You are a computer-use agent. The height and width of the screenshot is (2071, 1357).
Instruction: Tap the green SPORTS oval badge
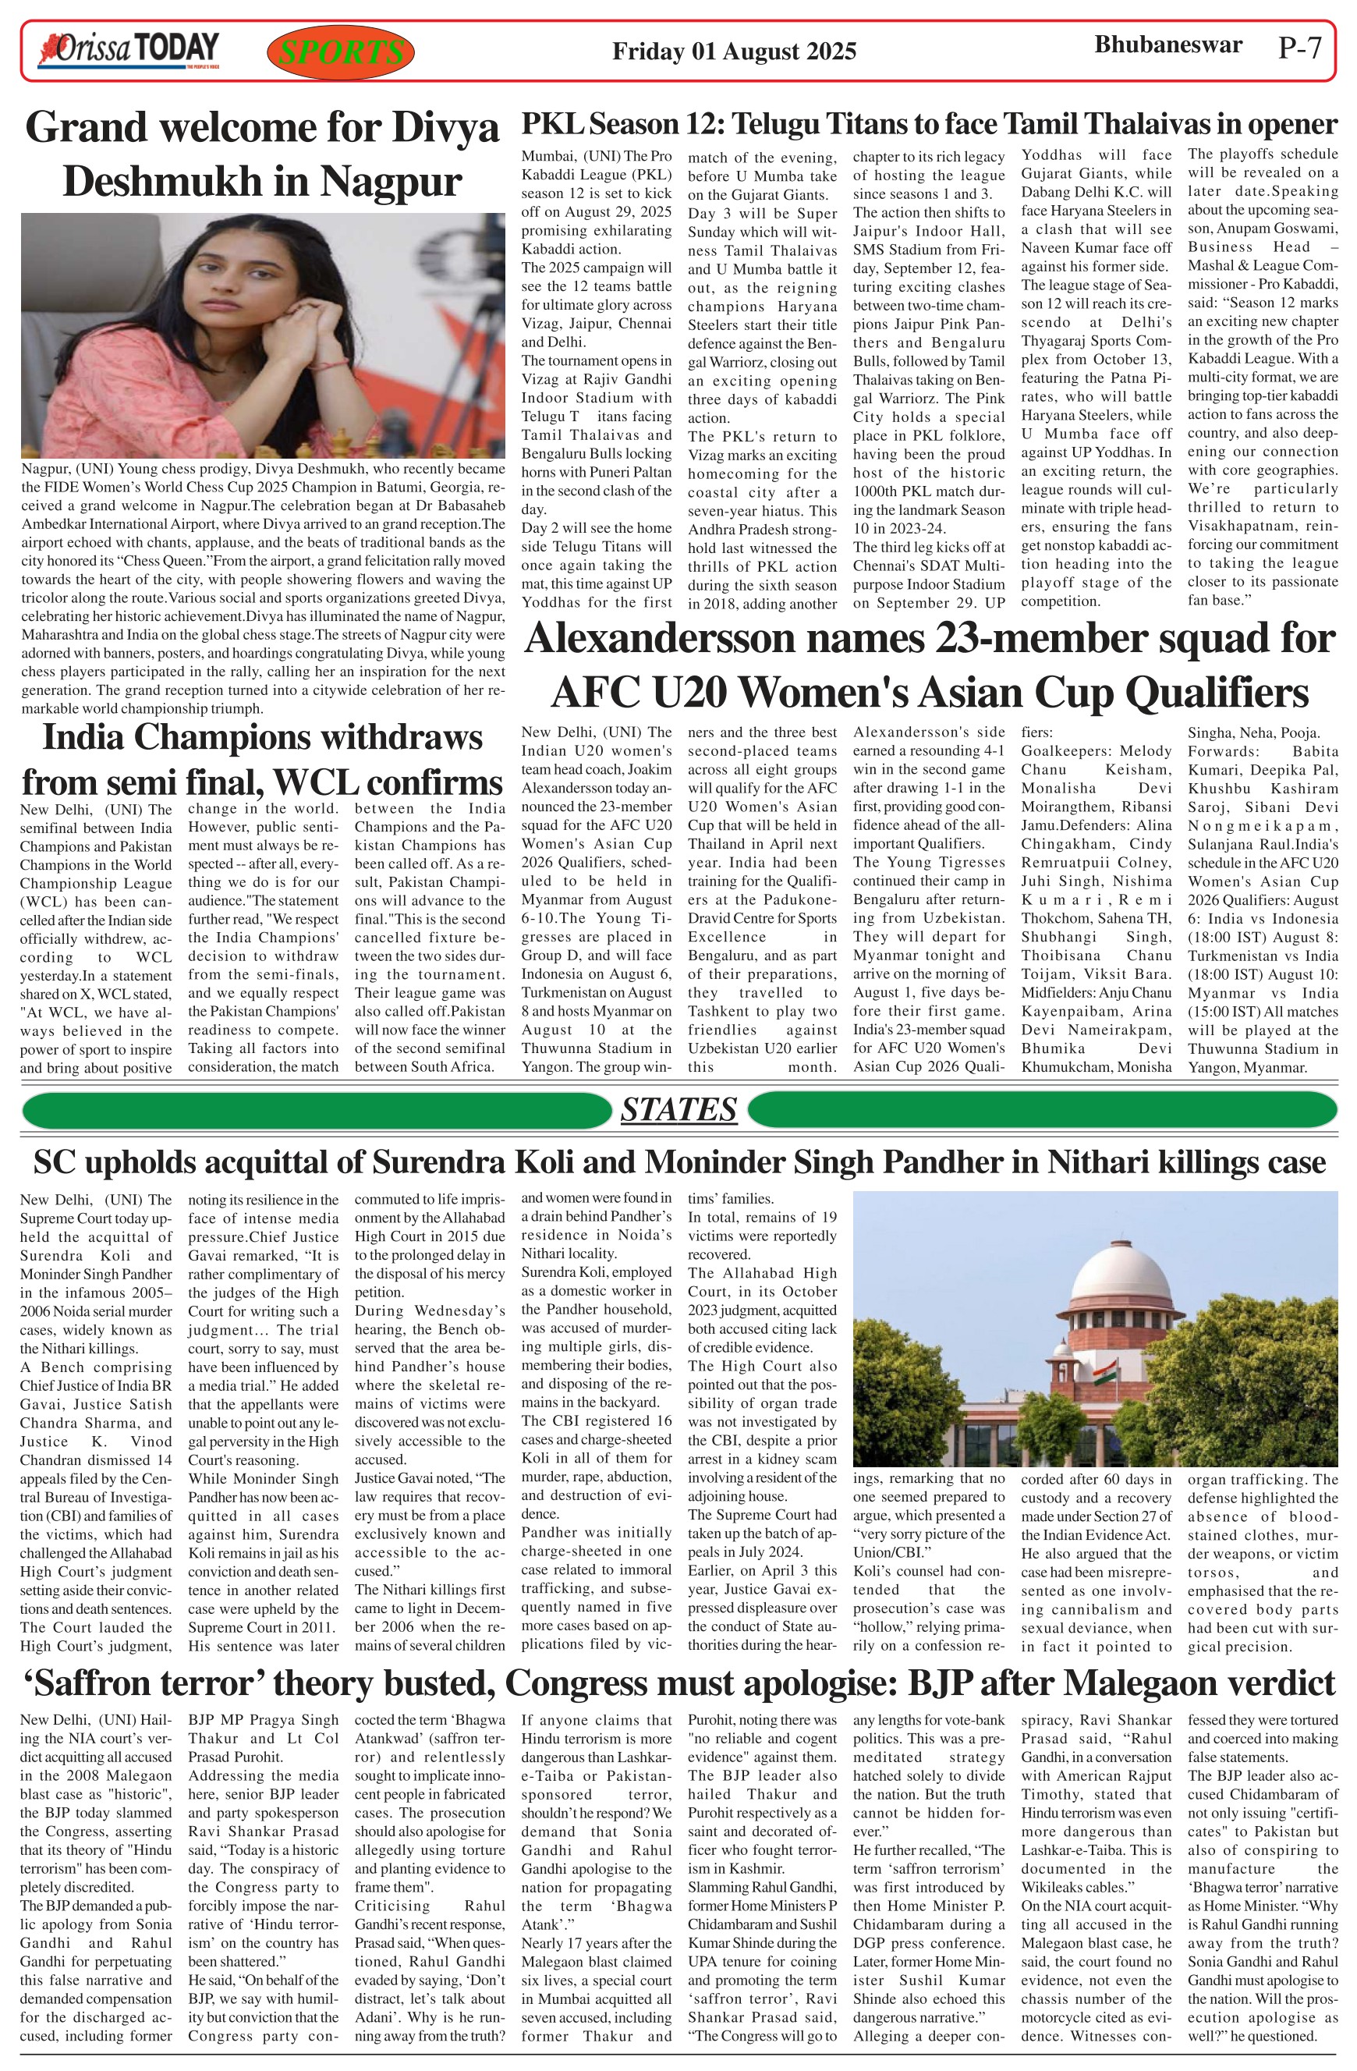341,52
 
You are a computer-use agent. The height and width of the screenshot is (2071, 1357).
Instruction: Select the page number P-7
1299,48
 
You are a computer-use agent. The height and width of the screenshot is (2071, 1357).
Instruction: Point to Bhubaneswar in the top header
1167,45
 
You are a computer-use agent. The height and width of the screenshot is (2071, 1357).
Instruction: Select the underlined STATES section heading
678,1109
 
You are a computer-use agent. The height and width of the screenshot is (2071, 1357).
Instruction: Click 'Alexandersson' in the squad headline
661,639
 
